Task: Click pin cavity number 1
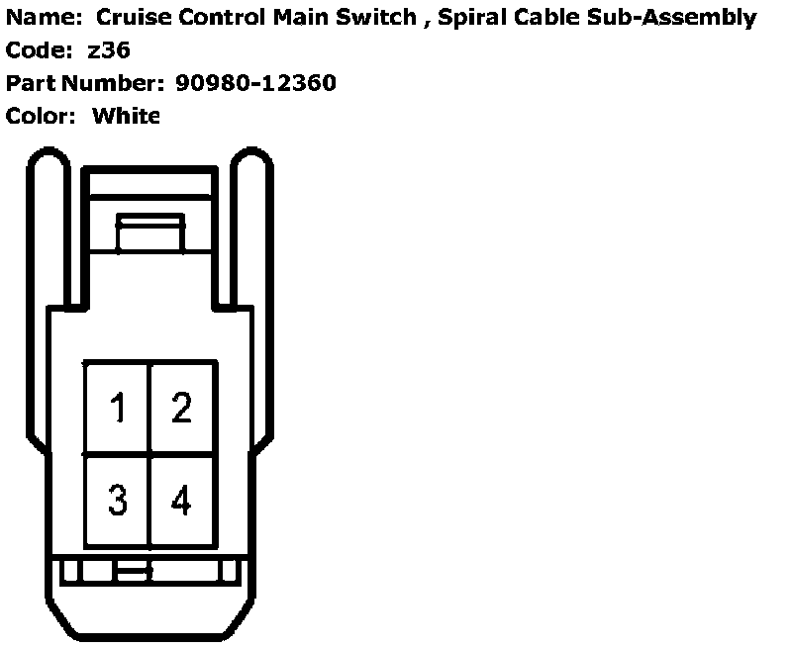(117, 408)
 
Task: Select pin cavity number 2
(181, 408)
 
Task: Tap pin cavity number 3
(117, 501)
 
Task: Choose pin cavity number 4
(181, 501)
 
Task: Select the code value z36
(109, 49)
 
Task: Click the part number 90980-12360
(255, 83)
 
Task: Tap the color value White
(126, 116)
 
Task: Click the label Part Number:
(86, 83)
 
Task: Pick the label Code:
(37, 49)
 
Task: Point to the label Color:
(41, 116)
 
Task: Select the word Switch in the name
(377, 17)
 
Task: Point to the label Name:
(41, 17)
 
